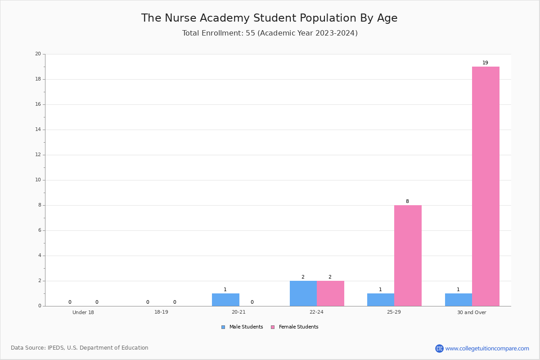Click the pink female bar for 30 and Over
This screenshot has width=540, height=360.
point(486,186)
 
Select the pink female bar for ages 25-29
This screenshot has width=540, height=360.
point(408,256)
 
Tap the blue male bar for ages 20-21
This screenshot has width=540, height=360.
point(225,300)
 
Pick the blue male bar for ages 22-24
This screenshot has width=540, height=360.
point(303,293)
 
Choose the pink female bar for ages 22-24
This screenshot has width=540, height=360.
point(330,293)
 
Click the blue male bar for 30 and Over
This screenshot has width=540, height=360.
point(459,300)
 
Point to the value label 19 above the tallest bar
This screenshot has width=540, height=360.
point(485,63)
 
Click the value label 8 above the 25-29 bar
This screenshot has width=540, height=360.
point(407,201)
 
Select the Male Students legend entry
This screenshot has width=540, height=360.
point(242,327)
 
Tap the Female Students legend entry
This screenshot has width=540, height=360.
point(295,327)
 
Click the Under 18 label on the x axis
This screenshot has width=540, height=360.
point(83,312)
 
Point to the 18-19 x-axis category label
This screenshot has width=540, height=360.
point(161,312)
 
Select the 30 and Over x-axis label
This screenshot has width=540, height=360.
point(472,312)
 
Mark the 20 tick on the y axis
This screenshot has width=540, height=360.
point(38,54)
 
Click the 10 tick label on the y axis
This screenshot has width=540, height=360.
point(38,180)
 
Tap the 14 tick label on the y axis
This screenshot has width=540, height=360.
point(38,130)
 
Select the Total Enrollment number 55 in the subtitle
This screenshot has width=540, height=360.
point(250,33)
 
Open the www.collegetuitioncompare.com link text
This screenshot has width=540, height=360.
point(487,348)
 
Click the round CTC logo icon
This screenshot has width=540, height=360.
point(439,348)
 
